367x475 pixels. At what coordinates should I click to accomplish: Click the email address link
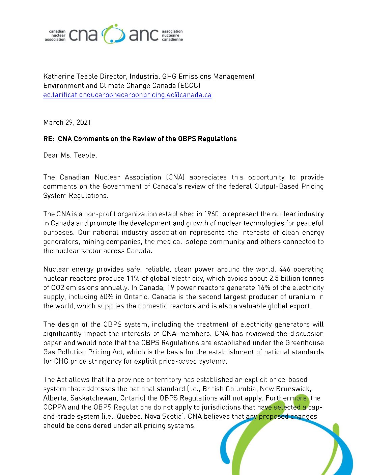[x=127, y=95]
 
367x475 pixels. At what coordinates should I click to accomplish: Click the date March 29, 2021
[x=67, y=122]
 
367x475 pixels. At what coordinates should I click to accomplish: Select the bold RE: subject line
[x=140, y=139]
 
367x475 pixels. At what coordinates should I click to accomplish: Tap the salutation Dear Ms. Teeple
[x=70, y=155]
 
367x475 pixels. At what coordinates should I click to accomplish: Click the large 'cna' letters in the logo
[x=83, y=35]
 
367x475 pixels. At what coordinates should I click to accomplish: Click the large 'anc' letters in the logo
[x=143, y=35]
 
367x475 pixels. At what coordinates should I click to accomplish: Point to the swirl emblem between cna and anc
[x=113, y=34]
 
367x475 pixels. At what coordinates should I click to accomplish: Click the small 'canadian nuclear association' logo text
[x=55, y=35]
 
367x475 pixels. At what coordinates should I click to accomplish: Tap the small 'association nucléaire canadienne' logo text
[x=172, y=35]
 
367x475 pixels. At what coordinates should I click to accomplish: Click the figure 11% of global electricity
[x=131, y=279]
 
